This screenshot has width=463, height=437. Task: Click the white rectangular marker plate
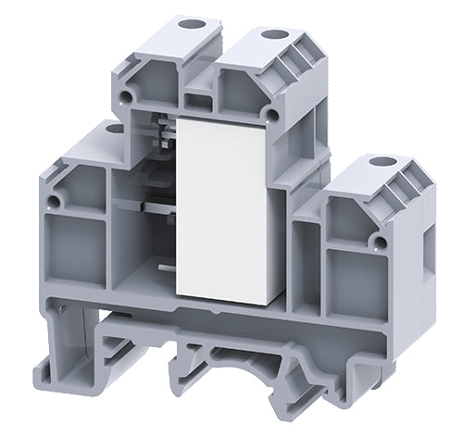222,208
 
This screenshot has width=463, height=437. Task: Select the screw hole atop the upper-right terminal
273,35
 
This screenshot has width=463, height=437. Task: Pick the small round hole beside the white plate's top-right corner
270,114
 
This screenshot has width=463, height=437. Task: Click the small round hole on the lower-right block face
380,242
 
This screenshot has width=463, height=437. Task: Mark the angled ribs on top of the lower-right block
407,190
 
